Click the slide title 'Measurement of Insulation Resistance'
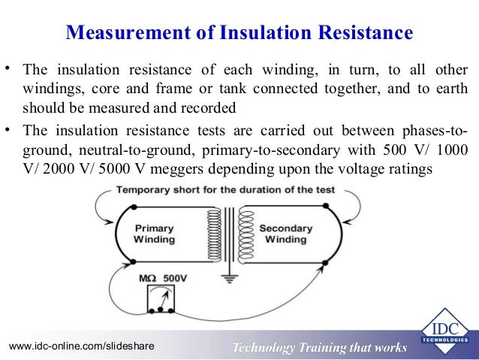click(x=239, y=33)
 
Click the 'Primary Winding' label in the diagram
click(x=154, y=234)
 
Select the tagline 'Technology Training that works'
click(x=320, y=346)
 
